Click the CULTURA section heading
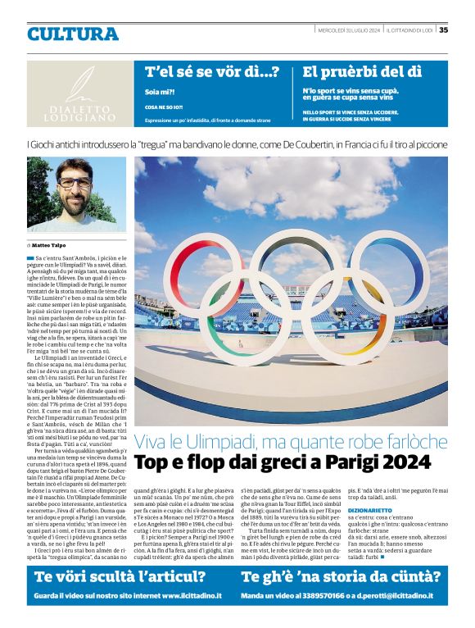coord(73,34)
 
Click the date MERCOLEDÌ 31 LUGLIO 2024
coord(348,30)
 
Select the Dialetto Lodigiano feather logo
coord(79,84)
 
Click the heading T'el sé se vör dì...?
coord(212,72)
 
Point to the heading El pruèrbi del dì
coord(362,72)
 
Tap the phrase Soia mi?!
coord(159,91)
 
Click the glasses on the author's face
coord(75,182)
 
